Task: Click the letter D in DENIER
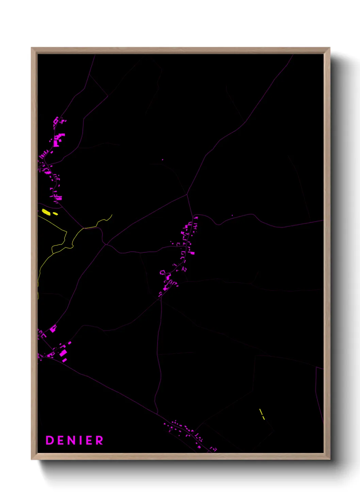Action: (50, 440)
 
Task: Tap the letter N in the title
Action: (75, 440)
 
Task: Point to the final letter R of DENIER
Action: (99, 440)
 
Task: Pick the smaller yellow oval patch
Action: (55, 214)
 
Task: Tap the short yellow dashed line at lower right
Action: (262, 414)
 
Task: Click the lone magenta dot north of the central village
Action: (162, 159)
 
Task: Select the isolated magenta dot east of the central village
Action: (232, 215)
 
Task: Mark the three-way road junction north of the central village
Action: (187, 194)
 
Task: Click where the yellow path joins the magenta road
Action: (84, 228)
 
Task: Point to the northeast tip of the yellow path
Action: (112, 215)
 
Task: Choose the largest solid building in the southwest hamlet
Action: (63, 353)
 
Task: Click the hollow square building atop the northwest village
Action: (56, 120)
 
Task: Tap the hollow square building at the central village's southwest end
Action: (162, 272)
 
